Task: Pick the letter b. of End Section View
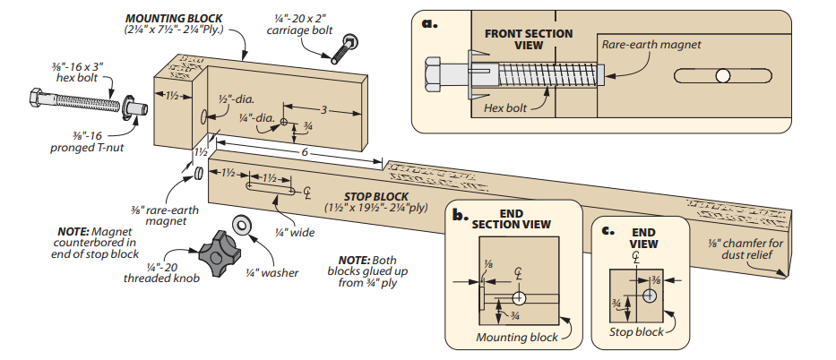click(460, 215)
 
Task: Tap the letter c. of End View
click(608, 230)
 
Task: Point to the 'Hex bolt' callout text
click(505, 106)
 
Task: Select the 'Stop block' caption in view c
click(637, 332)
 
